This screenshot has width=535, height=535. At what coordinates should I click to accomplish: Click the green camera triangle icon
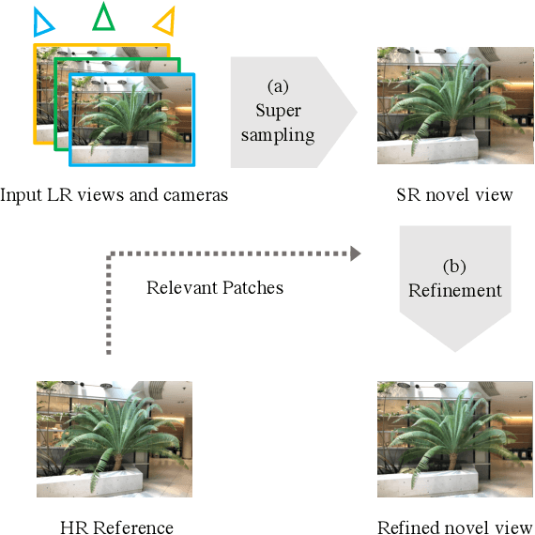[x=103, y=16]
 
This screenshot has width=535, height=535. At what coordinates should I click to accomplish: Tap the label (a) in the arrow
[x=278, y=86]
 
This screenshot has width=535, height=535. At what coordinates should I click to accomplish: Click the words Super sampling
[x=278, y=122]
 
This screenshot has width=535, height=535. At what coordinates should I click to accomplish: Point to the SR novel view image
[x=454, y=106]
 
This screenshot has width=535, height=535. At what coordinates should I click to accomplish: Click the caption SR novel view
[x=454, y=195]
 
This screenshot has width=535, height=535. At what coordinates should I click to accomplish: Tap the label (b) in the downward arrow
[x=454, y=267]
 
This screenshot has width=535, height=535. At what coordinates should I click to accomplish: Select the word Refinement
[x=454, y=290]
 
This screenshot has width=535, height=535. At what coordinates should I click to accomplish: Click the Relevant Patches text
[x=215, y=287]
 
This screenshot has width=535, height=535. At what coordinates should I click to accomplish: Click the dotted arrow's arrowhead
[x=356, y=252]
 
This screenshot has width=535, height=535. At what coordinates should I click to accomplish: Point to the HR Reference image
[x=114, y=439]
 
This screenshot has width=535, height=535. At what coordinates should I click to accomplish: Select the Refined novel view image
[x=454, y=439]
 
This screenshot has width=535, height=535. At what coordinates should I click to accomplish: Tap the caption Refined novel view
[x=454, y=527]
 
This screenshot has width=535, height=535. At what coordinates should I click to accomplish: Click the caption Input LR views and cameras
[x=114, y=195]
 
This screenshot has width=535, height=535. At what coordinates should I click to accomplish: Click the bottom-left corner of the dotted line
[x=109, y=354]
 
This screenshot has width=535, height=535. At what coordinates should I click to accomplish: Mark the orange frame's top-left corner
[x=35, y=44]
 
